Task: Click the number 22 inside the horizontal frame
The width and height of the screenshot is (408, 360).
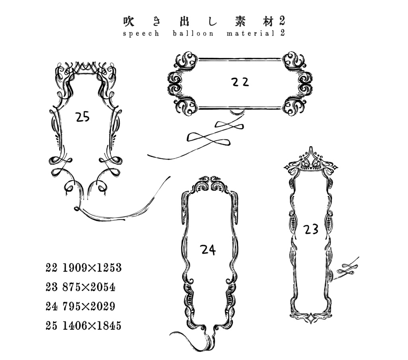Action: pos(240,82)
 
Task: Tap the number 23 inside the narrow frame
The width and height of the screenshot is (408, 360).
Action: pos(311,230)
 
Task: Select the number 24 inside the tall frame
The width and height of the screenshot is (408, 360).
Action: pos(208,250)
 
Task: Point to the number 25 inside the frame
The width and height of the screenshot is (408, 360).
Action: pos(83,117)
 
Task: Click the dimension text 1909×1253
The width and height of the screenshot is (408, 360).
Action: pos(92,267)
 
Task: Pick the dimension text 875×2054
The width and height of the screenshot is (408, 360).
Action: pos(89,287)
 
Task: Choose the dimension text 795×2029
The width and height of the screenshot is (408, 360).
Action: pos(89,306)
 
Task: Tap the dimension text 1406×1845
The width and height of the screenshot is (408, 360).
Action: pos(92,325)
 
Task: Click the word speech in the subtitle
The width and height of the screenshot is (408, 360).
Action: pos(141,33)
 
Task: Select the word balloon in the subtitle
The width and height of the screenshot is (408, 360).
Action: pos(193,33)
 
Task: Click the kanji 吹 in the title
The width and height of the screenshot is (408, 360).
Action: pos(129,22)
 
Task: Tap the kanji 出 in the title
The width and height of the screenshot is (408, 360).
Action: pos(184,22)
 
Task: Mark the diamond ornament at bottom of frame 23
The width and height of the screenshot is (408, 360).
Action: pos(311,318)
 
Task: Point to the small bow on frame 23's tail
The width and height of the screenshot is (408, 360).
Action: pos(345,269)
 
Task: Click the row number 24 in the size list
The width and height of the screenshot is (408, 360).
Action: pos(51,306)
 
